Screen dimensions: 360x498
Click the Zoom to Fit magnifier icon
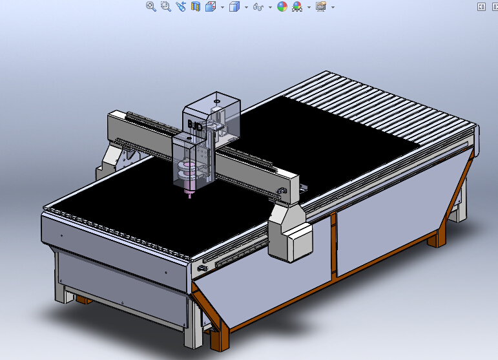[x=151, y=6]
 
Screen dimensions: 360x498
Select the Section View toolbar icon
[x=195, y=6]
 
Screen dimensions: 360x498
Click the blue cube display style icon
[x=234, y=6]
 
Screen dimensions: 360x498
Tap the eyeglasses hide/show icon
[x=258, y=7]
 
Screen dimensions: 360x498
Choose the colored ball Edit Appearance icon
[x=282, y=6]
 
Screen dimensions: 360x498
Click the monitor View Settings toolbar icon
[x=320, y=6]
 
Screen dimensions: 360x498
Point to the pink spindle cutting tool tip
[x=190, y=196]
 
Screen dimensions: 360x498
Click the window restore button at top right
[x=481, y=6]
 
